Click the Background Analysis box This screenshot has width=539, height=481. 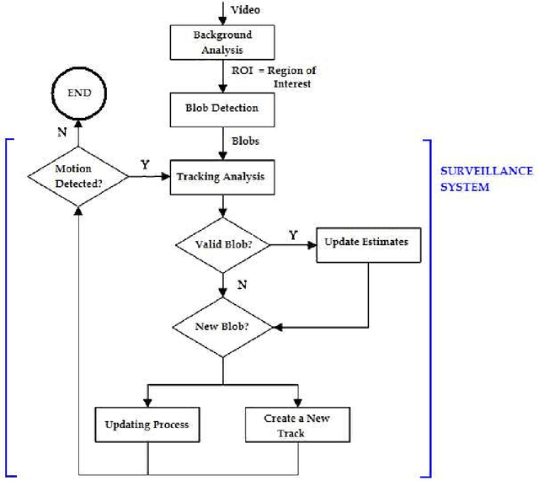click(x=222, y=41)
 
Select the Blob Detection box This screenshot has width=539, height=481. click(x=222, y=108)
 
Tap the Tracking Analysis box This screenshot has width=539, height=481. click(x=220, y=176)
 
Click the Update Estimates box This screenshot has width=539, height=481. click(x=367, y=242)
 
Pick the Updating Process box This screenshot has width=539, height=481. click(x=147, y=424)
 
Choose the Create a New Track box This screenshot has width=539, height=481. click(x=296, y=424)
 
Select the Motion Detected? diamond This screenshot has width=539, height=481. click(x=78, y=176)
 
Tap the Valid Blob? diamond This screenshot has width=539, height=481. click(x=221, y=245)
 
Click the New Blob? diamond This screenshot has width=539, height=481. click(x=221, y=325)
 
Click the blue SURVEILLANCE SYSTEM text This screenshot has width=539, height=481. click(x=486, y=178)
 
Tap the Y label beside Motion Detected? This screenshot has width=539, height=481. click(x=145, y=165)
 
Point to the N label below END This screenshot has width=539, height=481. click(x=61, y=132)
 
